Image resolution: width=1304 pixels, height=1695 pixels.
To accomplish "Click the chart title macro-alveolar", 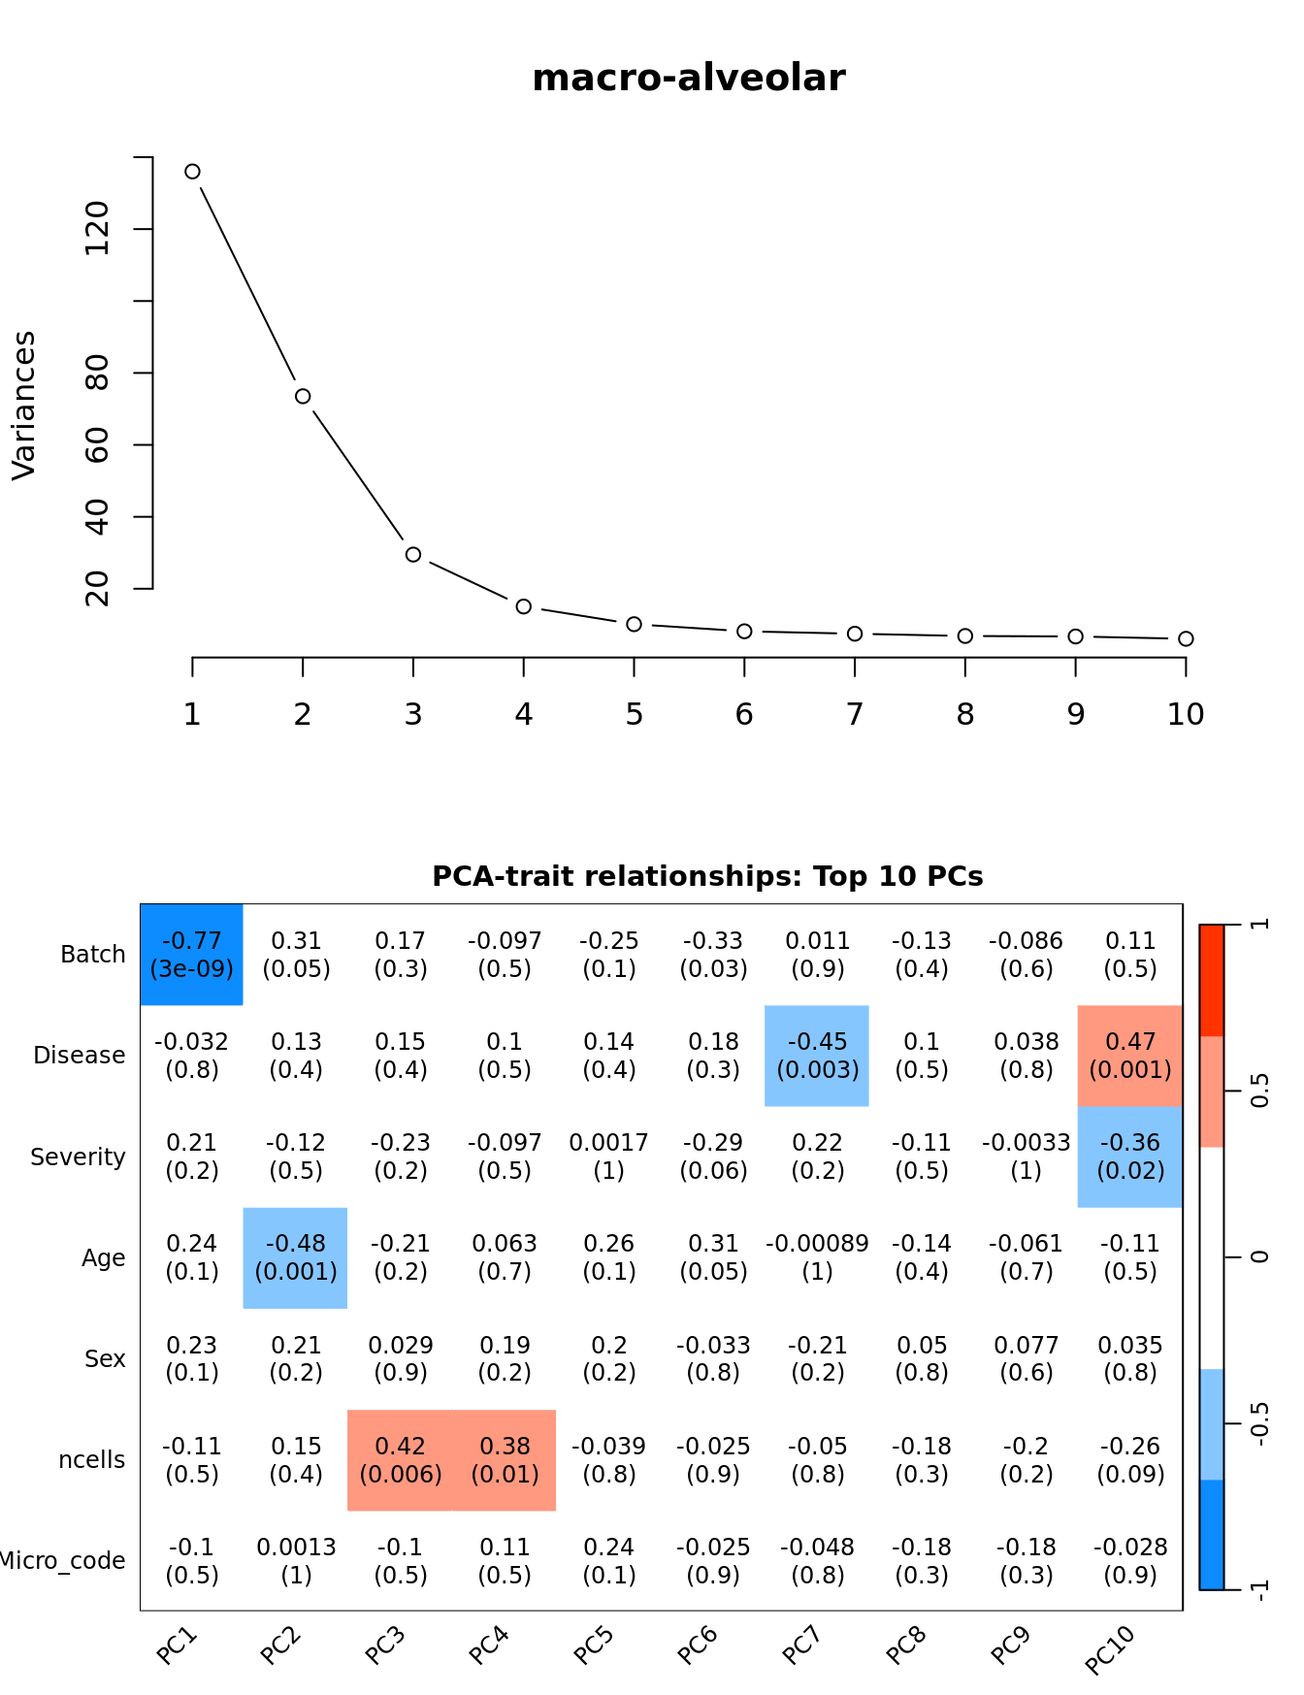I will click(x=689, y=78).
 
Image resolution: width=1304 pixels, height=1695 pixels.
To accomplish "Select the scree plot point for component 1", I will click(x=192, y=172).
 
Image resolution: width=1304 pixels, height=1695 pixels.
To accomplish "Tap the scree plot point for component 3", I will click(x=413, y=554).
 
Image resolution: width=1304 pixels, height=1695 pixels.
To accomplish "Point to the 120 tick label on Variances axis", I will click(x=97, y=229).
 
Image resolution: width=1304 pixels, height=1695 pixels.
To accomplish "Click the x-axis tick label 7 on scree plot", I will click(x=854, y=715).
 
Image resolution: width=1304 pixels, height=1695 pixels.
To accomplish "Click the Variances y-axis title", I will click(x=23, y=405).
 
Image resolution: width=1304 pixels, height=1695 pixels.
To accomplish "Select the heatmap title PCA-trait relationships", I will click(x=707, y=876).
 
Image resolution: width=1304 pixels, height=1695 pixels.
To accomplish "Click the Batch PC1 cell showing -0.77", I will click(x=192, y=955).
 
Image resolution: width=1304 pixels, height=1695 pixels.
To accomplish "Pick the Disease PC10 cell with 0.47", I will click(x=1130, y=1056).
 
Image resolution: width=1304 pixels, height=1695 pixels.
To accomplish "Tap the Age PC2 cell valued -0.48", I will click(x=296, y=1257).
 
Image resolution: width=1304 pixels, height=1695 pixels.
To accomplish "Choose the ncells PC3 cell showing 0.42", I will click(x=400, y=1460).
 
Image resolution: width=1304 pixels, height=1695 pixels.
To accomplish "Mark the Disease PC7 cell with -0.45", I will click(x=817, y=1056).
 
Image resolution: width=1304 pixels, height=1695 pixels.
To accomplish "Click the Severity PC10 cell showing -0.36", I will click(x=1130, y=1157).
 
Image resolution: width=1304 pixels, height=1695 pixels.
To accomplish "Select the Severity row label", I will click(x=78, y=1157).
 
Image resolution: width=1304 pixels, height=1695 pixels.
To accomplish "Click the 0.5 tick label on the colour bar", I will click(x=1259, y=1092).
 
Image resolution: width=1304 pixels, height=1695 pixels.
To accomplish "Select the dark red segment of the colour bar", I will click(x=1212, y=980).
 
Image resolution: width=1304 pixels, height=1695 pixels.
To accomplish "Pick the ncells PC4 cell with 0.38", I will click(x=505, y=1460).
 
